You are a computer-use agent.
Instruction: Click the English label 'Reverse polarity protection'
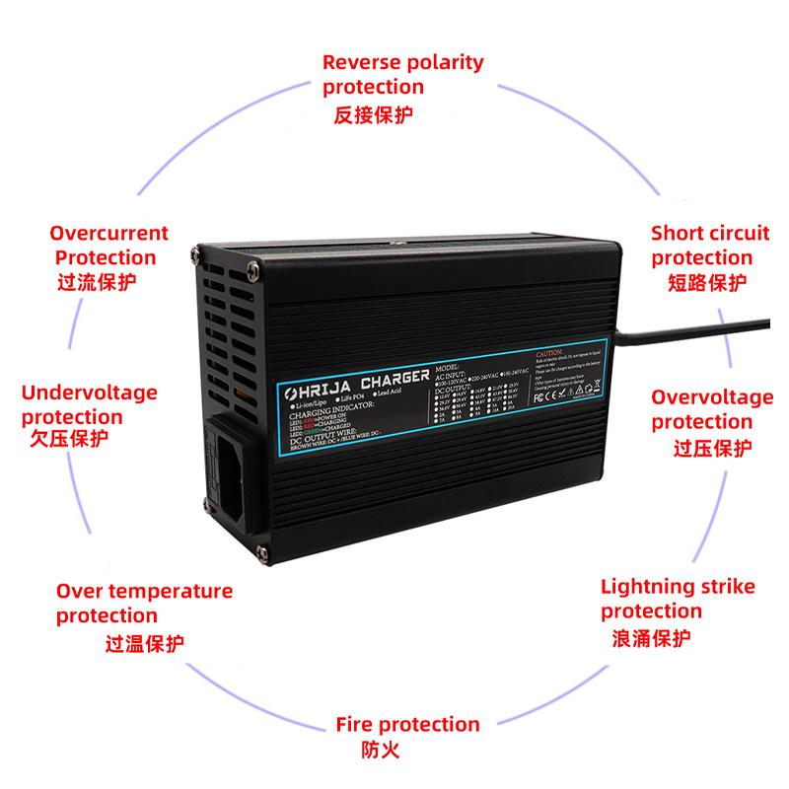[402, 74]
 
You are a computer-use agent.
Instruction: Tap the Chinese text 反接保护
[373, 114]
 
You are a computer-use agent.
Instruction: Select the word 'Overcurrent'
[108, 234]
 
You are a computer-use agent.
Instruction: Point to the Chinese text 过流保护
[97, 281]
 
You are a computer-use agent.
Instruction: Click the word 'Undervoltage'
[89, 393]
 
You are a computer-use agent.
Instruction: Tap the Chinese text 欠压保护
[69, 439]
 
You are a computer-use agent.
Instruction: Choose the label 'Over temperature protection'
[144, 603]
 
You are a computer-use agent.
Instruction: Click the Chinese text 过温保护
[145, 644]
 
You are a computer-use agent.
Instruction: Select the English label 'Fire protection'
[407, 725]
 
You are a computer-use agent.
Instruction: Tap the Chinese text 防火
[381, 751]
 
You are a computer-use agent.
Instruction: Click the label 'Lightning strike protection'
[678, 599]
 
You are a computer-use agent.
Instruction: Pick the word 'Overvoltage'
[712, 397]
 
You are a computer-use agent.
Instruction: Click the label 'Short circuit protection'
[709, 246]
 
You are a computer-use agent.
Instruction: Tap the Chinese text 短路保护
[707, 283]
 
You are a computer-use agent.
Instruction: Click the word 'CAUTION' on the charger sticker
[549, 352]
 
